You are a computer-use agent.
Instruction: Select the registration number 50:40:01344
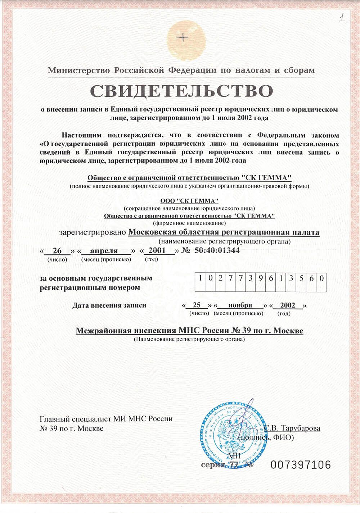(217, 250)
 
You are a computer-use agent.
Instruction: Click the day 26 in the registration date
(57, 251)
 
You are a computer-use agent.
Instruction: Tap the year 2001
(157, 250)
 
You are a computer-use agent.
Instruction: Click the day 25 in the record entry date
(197, 305)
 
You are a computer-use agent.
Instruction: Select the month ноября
(240, 305)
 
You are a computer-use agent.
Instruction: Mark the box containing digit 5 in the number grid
(301, 278)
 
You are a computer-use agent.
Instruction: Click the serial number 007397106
(301, 465)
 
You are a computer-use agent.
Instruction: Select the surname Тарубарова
(299, 428)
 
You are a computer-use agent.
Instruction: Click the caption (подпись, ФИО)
(266, 437)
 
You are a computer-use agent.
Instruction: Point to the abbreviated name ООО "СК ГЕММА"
(189, 201)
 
